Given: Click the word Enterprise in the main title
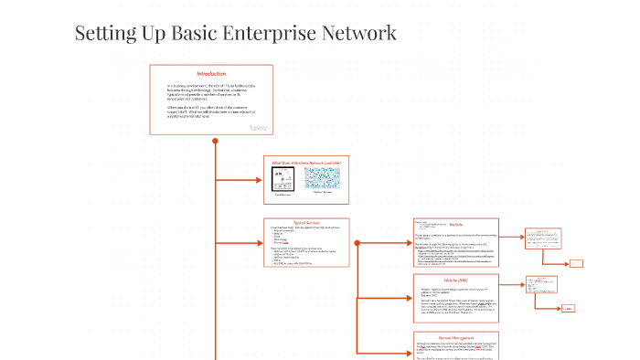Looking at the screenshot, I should tap(266, 34).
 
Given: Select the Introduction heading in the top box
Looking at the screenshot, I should tap(211, 73).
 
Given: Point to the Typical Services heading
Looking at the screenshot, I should tap(306, 222).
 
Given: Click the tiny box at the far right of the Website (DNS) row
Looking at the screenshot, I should tap(567, 308).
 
